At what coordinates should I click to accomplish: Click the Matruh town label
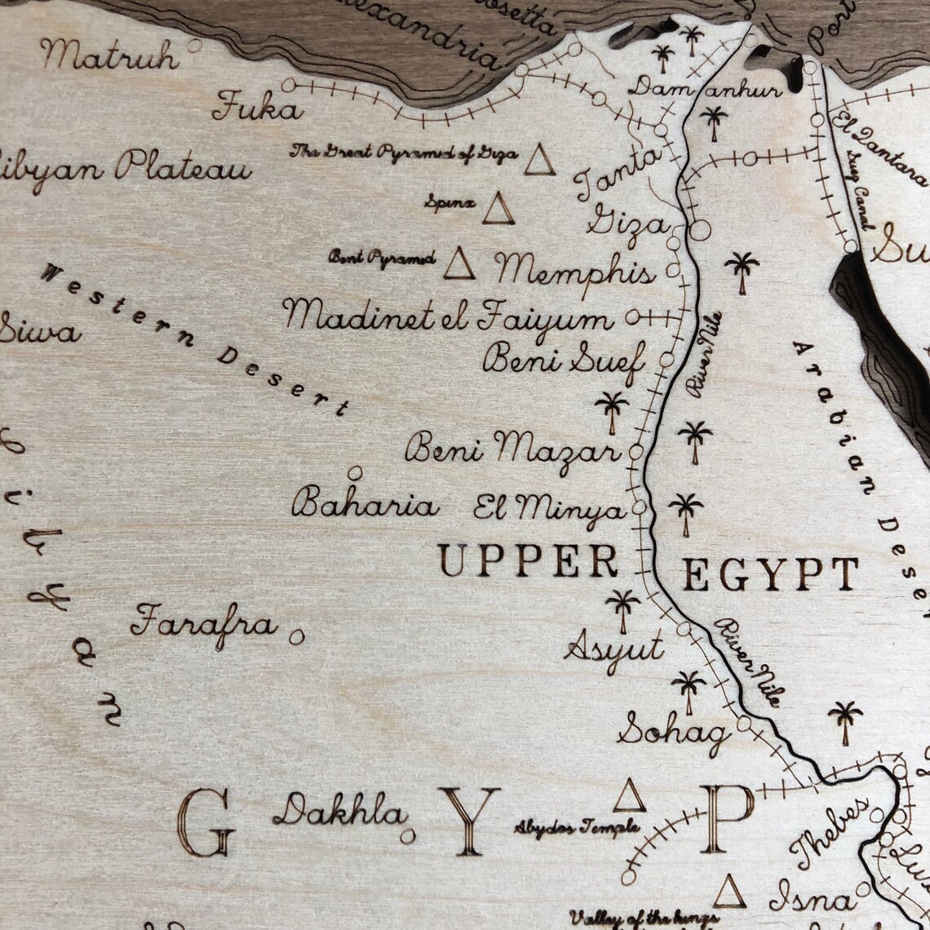click(110, 55)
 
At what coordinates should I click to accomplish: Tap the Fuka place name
click(257, 108)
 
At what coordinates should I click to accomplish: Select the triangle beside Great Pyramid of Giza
click(539, 161)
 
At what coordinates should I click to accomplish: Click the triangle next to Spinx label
click(498, 210)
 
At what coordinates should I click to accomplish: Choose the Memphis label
click(575, 270)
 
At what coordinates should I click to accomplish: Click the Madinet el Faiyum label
click(448, 316)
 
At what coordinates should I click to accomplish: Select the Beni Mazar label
click(512, 449)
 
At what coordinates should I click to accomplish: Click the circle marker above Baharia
click(355, 472)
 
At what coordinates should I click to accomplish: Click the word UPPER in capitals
click(528, 561)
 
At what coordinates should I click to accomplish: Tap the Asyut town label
click(613, 649)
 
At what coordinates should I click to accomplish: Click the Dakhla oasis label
click(339, 813)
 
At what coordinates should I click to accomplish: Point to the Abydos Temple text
click(576, 828)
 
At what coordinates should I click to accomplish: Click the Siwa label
click(39, 332)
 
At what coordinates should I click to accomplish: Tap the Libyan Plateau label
click(122, 170)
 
